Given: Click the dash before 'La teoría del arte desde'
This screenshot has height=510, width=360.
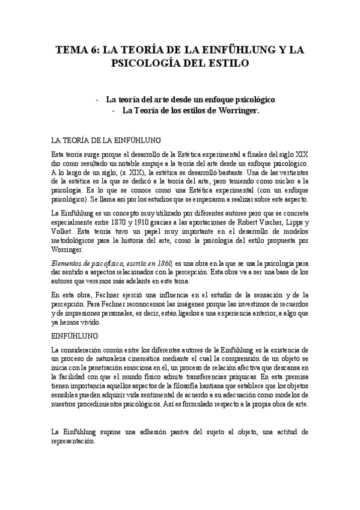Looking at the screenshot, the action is (x=97, y=99).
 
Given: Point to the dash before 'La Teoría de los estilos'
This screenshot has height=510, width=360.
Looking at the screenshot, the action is (x=114, y=111).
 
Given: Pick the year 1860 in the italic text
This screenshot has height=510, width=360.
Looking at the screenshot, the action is (x=164, y=263).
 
